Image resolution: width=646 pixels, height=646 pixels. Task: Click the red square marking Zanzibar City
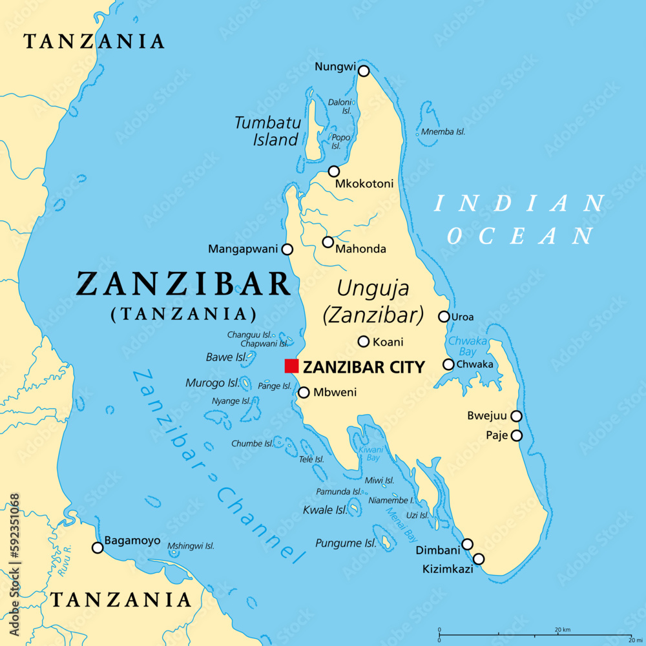coord(292,366)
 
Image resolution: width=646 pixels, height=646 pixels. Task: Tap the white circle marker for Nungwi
coord(364,71)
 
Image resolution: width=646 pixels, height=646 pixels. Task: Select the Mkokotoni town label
coord(364,184)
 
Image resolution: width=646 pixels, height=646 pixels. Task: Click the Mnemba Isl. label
coord(443,132)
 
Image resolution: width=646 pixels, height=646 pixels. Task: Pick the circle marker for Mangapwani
coord(287,249)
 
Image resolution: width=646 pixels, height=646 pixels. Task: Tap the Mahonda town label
coord(364,249)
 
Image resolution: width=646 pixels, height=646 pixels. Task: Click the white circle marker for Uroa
coord(444,317)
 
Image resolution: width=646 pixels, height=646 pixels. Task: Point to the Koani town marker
coord(364,342)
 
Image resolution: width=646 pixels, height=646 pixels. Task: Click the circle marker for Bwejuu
coord(516,416)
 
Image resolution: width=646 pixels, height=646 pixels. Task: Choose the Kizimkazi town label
coord(448,569)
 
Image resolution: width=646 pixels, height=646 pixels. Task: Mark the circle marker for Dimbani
coord(467,544)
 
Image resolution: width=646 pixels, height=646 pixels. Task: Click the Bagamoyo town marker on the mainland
coord(98,548)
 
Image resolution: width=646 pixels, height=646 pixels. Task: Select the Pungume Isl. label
coord(346,543)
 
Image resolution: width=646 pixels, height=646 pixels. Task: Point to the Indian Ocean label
coord(520,220)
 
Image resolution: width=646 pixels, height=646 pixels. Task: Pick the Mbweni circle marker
coord(304,392)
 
